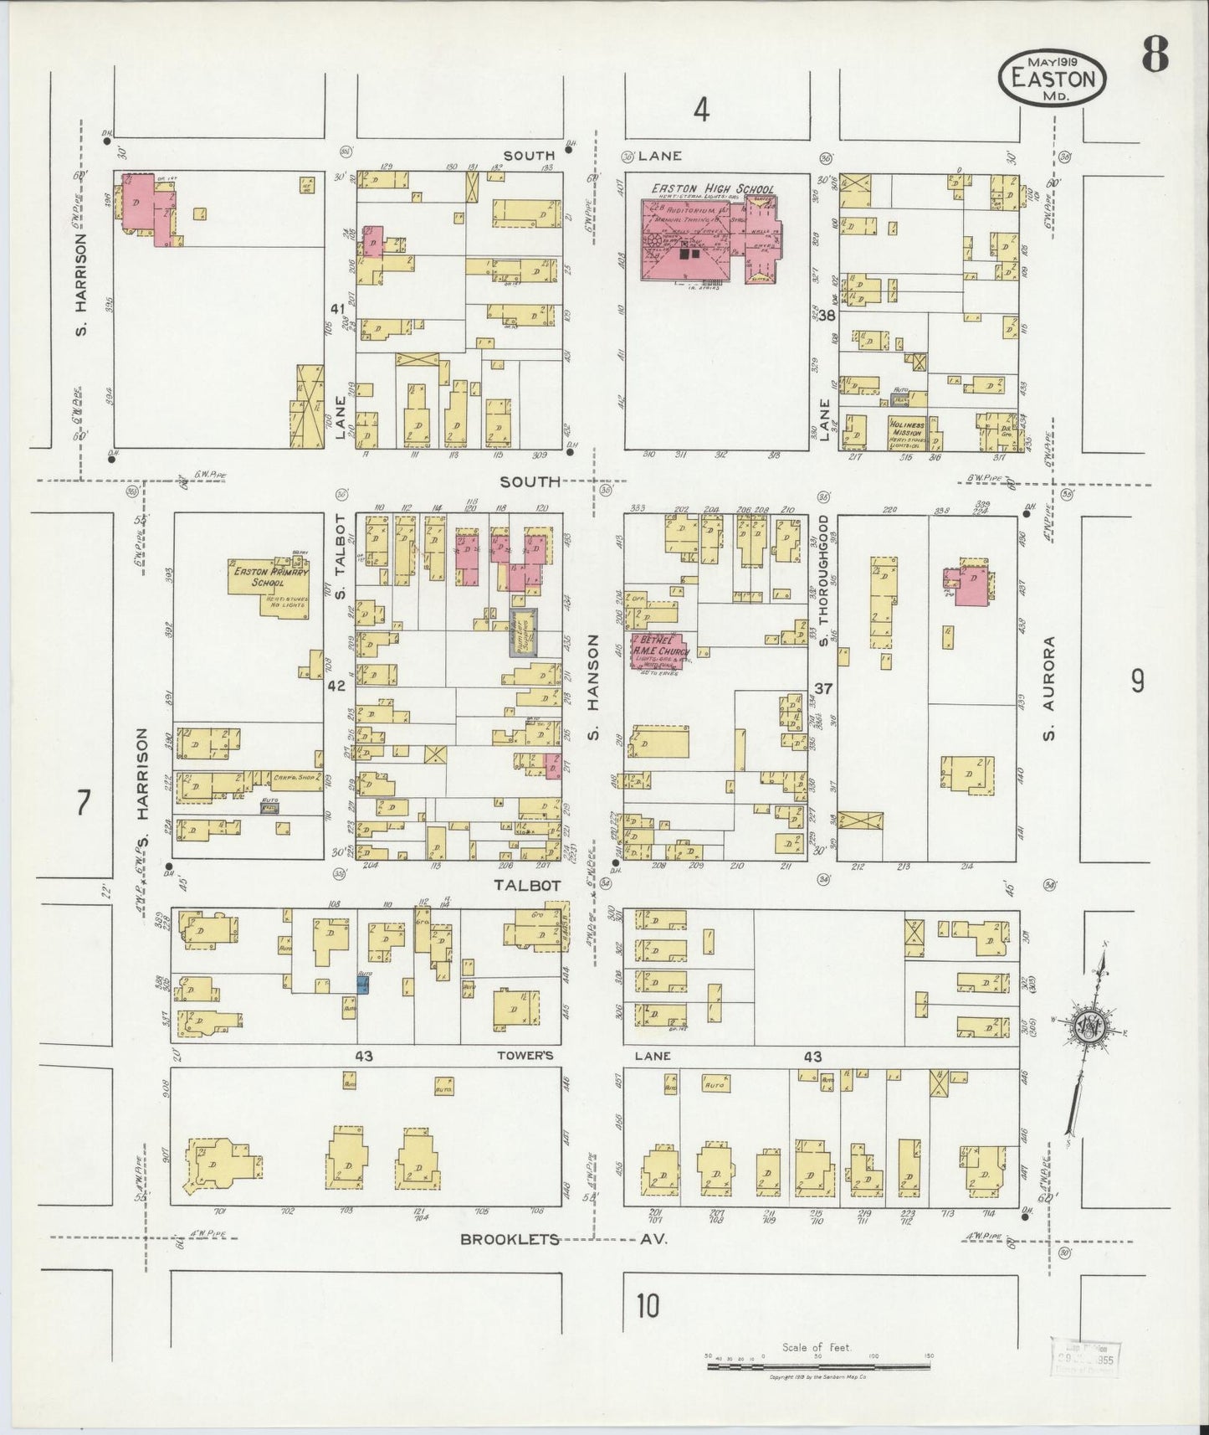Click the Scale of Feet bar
[816, 1366]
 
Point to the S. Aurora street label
[1049, 688]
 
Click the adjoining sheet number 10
[647, 1305]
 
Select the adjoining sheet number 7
[82, 803]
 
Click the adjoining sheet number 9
[1137, 682]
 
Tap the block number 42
[336, 686]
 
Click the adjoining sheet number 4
[701, 109]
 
